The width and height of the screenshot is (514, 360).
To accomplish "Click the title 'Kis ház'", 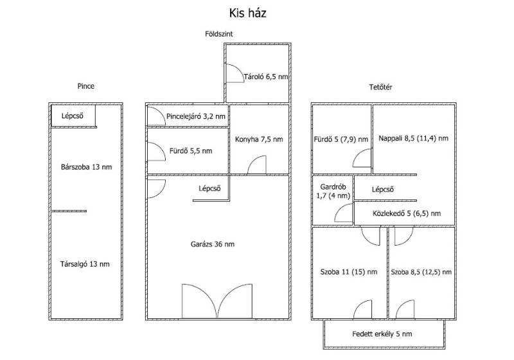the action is pos(247,13).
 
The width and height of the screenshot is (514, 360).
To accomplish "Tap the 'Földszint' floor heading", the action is pos(219,34).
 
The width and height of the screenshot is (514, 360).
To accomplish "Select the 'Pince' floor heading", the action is pos(86,86).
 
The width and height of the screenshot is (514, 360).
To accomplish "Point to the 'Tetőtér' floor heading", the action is pos(380,87).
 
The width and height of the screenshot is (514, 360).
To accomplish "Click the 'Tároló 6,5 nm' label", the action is pos(266,76).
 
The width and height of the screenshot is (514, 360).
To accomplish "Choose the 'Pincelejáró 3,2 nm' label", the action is pos(196,116).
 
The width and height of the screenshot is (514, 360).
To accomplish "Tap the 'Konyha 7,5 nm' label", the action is pos(259,139).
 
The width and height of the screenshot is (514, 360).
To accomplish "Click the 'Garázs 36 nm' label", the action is pos(213,244).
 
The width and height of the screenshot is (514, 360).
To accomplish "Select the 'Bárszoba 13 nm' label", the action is pos(86,167).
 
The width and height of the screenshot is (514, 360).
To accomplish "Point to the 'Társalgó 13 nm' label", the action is pos(85,264).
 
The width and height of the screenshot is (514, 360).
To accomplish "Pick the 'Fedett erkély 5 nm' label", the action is pos(382,334).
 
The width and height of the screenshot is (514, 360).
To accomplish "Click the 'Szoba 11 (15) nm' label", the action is pos(349,272).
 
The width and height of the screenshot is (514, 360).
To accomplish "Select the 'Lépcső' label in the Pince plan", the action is pos(73,116).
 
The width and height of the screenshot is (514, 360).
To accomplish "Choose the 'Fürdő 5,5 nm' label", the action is pos(191,151).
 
